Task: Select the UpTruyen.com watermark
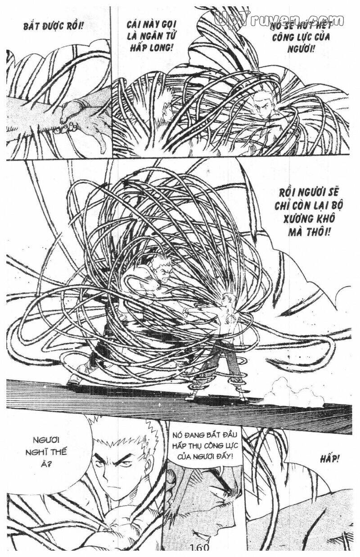(x=279, y=19)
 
